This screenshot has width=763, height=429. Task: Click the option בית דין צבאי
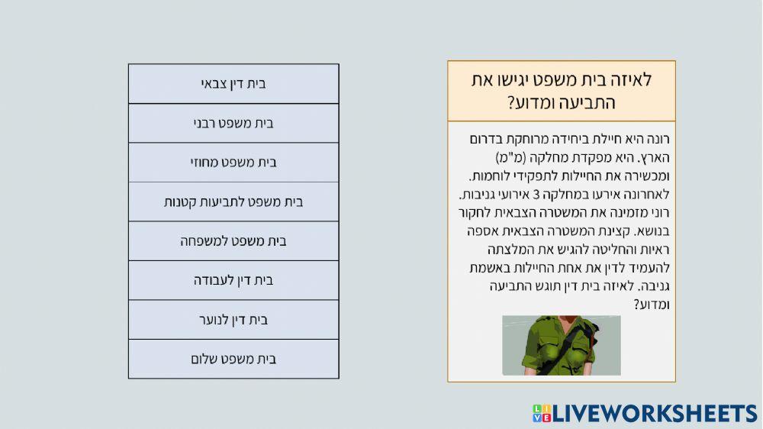233,84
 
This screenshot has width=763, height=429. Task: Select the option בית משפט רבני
233,123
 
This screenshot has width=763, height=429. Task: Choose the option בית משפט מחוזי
233,163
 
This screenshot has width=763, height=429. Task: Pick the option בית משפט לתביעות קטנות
233,202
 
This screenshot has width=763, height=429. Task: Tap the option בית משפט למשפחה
233,241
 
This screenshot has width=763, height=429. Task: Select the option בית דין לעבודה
233,280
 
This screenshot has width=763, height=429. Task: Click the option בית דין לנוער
233,320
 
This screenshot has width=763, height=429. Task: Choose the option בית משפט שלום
233,359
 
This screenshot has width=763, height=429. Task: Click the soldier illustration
561,345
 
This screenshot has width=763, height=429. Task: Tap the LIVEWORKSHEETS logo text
655,414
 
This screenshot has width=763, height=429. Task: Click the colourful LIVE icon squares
542,414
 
